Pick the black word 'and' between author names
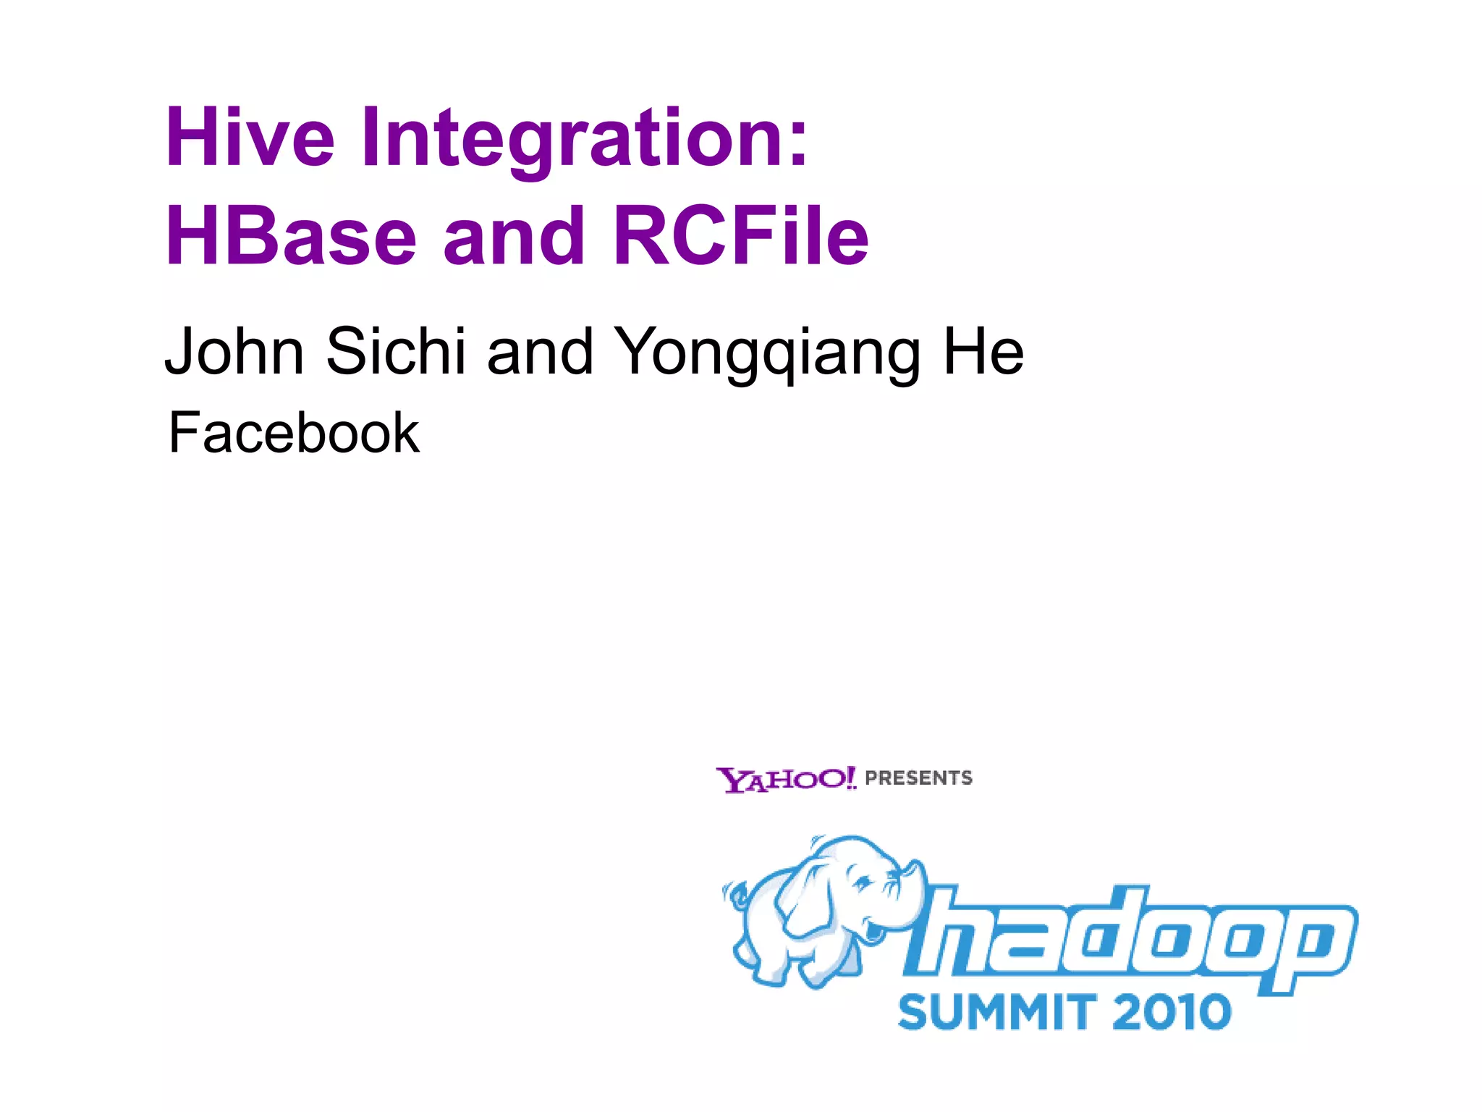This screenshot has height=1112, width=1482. tap(540, 352)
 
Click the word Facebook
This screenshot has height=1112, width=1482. tap(294, 433)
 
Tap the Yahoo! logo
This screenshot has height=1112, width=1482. tap(786, 780)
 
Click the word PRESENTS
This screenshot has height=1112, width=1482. tap(919, 778)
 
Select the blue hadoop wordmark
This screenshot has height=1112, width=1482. tap(1129, 938)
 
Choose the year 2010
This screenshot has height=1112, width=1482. tap(1171, 1012)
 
